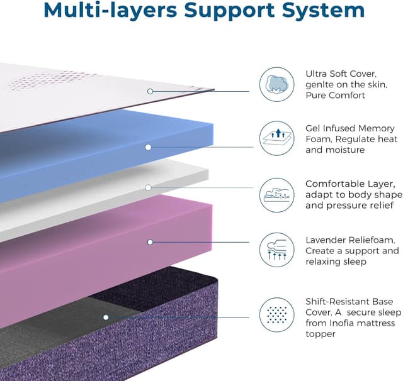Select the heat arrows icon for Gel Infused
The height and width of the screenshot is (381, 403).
tap(277, 139)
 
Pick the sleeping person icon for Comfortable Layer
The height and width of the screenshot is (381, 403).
tap(277, 194)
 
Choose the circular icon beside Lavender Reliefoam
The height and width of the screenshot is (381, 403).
tap(277, 250)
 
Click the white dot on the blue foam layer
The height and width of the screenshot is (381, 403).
tap(148, 147)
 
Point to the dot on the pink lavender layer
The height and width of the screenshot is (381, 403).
tap(150, 241)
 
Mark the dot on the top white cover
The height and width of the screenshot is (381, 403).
tap(150, 91)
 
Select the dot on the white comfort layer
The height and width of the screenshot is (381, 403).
tap(148, 187)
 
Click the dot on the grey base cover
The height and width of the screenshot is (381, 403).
tap(106, 317)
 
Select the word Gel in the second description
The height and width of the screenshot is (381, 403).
tap(314, 129)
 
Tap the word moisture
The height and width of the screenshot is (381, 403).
tap(345, 150)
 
